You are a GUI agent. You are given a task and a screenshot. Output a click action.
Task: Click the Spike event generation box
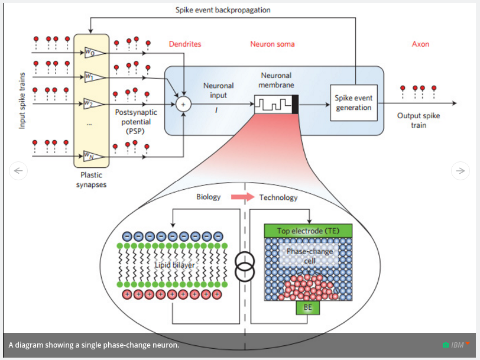(353, 103)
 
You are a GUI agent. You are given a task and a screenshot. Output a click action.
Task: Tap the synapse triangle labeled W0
(94, 53)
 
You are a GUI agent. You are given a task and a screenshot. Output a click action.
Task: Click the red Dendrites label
(185, 44)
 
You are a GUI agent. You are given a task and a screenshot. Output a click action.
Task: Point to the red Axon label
(420, 44)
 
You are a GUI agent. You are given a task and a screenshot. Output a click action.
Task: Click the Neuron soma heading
(273, 44)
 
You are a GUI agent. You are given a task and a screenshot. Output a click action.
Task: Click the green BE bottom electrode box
(307, 307)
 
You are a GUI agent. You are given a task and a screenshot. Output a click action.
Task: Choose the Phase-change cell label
(309, 256)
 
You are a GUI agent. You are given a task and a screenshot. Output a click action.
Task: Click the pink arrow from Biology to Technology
(240, 197)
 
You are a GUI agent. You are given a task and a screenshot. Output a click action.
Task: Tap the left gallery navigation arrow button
(18, 171)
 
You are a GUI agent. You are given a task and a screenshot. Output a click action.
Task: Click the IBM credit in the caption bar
(457, 345)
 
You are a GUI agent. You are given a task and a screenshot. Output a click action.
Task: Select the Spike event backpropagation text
(223, 10)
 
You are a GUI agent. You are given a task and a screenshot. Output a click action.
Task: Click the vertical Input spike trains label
(22, 101)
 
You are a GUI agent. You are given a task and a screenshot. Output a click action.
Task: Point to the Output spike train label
(419, 120)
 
